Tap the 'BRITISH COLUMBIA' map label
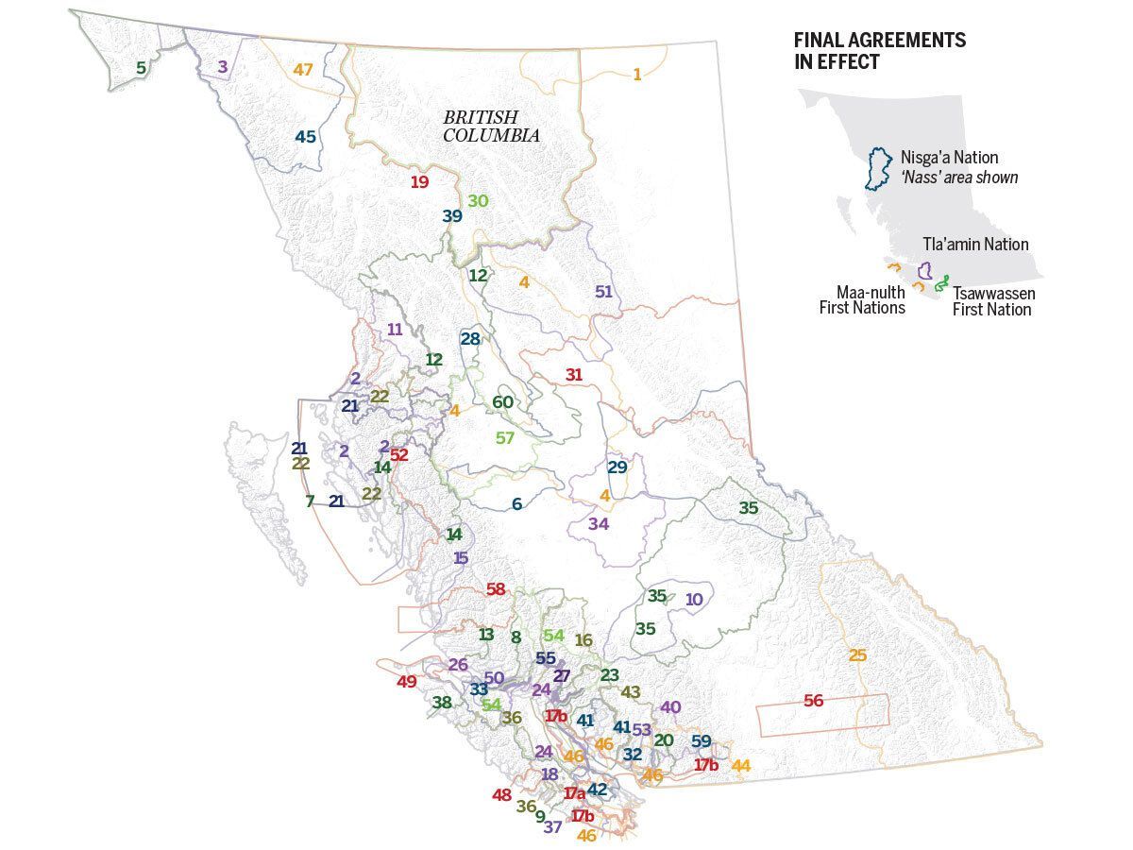coord(491,126)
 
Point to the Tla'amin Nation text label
coord(975,244)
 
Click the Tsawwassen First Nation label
coord(993,301)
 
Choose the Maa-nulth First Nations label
coord(871,299)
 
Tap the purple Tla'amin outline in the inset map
coord(926,270)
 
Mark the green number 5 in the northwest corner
coord(141,68)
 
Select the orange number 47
coord(302,70)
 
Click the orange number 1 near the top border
coord(637,75)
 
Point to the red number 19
coord(419,182)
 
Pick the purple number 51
coord(603,291)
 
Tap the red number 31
coord(574,375)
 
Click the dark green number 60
coord(502,402)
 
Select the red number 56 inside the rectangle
coord(813,701)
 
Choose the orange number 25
coord(857,655)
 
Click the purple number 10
coord(694,599)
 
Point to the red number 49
coord(407,682)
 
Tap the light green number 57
coord(505,438)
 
